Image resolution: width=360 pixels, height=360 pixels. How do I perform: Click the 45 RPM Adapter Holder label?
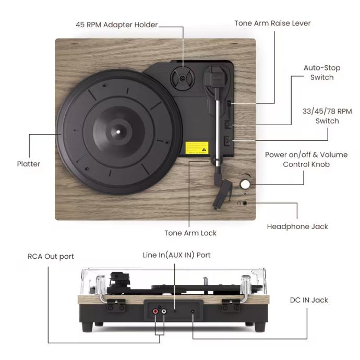pos(116,25)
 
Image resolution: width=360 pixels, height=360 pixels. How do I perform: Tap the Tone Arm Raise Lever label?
pos(272,23)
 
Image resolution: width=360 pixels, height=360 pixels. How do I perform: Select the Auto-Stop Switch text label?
pos(321,73)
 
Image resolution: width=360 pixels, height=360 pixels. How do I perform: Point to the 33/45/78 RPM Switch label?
pos(327,116)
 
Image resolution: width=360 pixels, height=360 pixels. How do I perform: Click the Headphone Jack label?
pos(297,226)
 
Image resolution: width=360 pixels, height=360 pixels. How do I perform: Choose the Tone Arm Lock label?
pos(190,233)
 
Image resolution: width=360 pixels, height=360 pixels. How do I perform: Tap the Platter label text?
pos(28,164)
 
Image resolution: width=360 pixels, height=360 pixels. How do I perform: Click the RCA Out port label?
pos(51,256)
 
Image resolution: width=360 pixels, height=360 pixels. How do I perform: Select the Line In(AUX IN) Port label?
pos(177,255)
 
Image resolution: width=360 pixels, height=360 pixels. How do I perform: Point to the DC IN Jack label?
pos(309,300)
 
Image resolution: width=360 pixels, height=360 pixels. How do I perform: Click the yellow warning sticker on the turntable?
pos(197,147)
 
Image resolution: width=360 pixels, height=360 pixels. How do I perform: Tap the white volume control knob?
pos(245,184)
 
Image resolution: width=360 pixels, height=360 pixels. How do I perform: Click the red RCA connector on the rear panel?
pos(155,312)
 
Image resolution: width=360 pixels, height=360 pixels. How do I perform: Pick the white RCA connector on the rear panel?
pos(164,312)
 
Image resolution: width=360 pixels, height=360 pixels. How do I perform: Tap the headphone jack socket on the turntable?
pos(245,202)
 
